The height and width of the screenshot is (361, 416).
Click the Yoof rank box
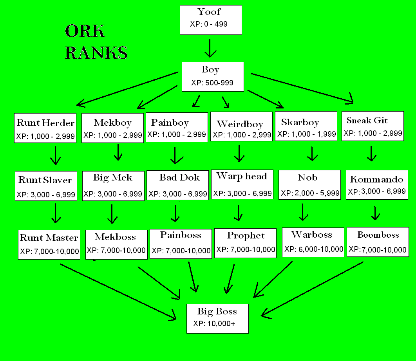coord(210,20)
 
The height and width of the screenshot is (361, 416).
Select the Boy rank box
coord(213,76)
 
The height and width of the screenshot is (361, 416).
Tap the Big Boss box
coord(217,318)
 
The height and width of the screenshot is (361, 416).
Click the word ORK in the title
coord(85,31)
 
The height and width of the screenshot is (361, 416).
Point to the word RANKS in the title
coord(96,52)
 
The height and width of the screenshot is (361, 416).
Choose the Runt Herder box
coord(45,128)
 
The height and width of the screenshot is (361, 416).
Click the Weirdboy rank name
coord(240,124)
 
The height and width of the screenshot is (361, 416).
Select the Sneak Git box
coord(372,126)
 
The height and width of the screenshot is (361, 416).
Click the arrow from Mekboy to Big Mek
coord(118,152)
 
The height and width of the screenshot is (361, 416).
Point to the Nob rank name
coord(307,177)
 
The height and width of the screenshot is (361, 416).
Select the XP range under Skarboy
coord(306,134)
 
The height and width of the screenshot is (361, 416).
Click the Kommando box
coord(376,184)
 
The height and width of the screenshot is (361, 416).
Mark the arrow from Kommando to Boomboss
coord(375,213)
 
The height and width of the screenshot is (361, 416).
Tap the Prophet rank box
coord(246,243)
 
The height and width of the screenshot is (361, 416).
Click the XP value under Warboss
coord(314,249)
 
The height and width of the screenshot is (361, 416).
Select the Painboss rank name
coord(181,235)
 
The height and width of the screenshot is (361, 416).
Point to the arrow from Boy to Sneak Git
coord(302,88)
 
